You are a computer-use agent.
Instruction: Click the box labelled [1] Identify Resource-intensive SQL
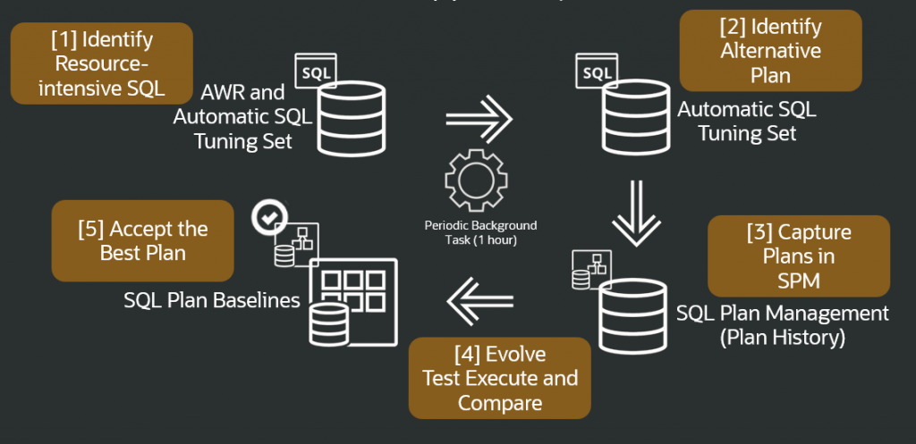[101, 63]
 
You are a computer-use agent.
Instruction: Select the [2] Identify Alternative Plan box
[770, 51]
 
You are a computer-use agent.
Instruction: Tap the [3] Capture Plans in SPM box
[799, 257]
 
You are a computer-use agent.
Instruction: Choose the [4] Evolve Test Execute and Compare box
[500, 378]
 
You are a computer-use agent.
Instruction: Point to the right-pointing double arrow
[479, 118]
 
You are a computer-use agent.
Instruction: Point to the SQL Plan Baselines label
[212, 300]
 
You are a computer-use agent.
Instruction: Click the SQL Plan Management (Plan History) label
[783, 325]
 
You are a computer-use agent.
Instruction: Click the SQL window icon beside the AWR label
[315, 70]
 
